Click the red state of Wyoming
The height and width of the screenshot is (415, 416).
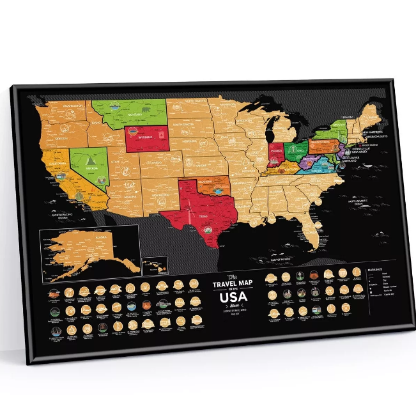tap(147, 137)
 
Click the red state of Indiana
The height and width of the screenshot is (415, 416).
tap(276, 153)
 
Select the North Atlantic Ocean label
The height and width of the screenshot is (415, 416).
tap(362, 202)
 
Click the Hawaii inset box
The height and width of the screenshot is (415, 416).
tap(154, 263)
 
